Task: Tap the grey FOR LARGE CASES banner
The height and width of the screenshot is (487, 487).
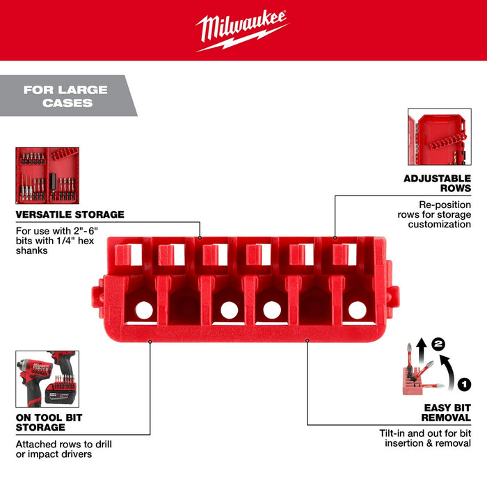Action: pos(66,96)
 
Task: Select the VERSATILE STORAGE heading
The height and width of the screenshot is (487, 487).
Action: pos(70,214)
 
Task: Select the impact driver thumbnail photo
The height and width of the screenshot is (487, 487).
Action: pos(47,378)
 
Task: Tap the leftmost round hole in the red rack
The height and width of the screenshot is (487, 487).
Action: pos(145,309)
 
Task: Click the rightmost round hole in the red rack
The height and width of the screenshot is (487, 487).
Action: pos(357,310)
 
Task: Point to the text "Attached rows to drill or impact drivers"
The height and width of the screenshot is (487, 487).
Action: pos(64,449)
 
